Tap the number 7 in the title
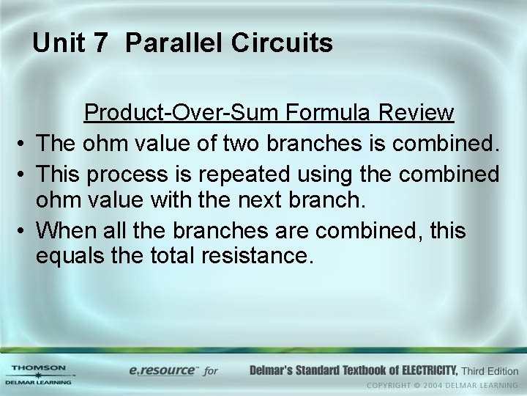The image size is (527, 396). (100, 44)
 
